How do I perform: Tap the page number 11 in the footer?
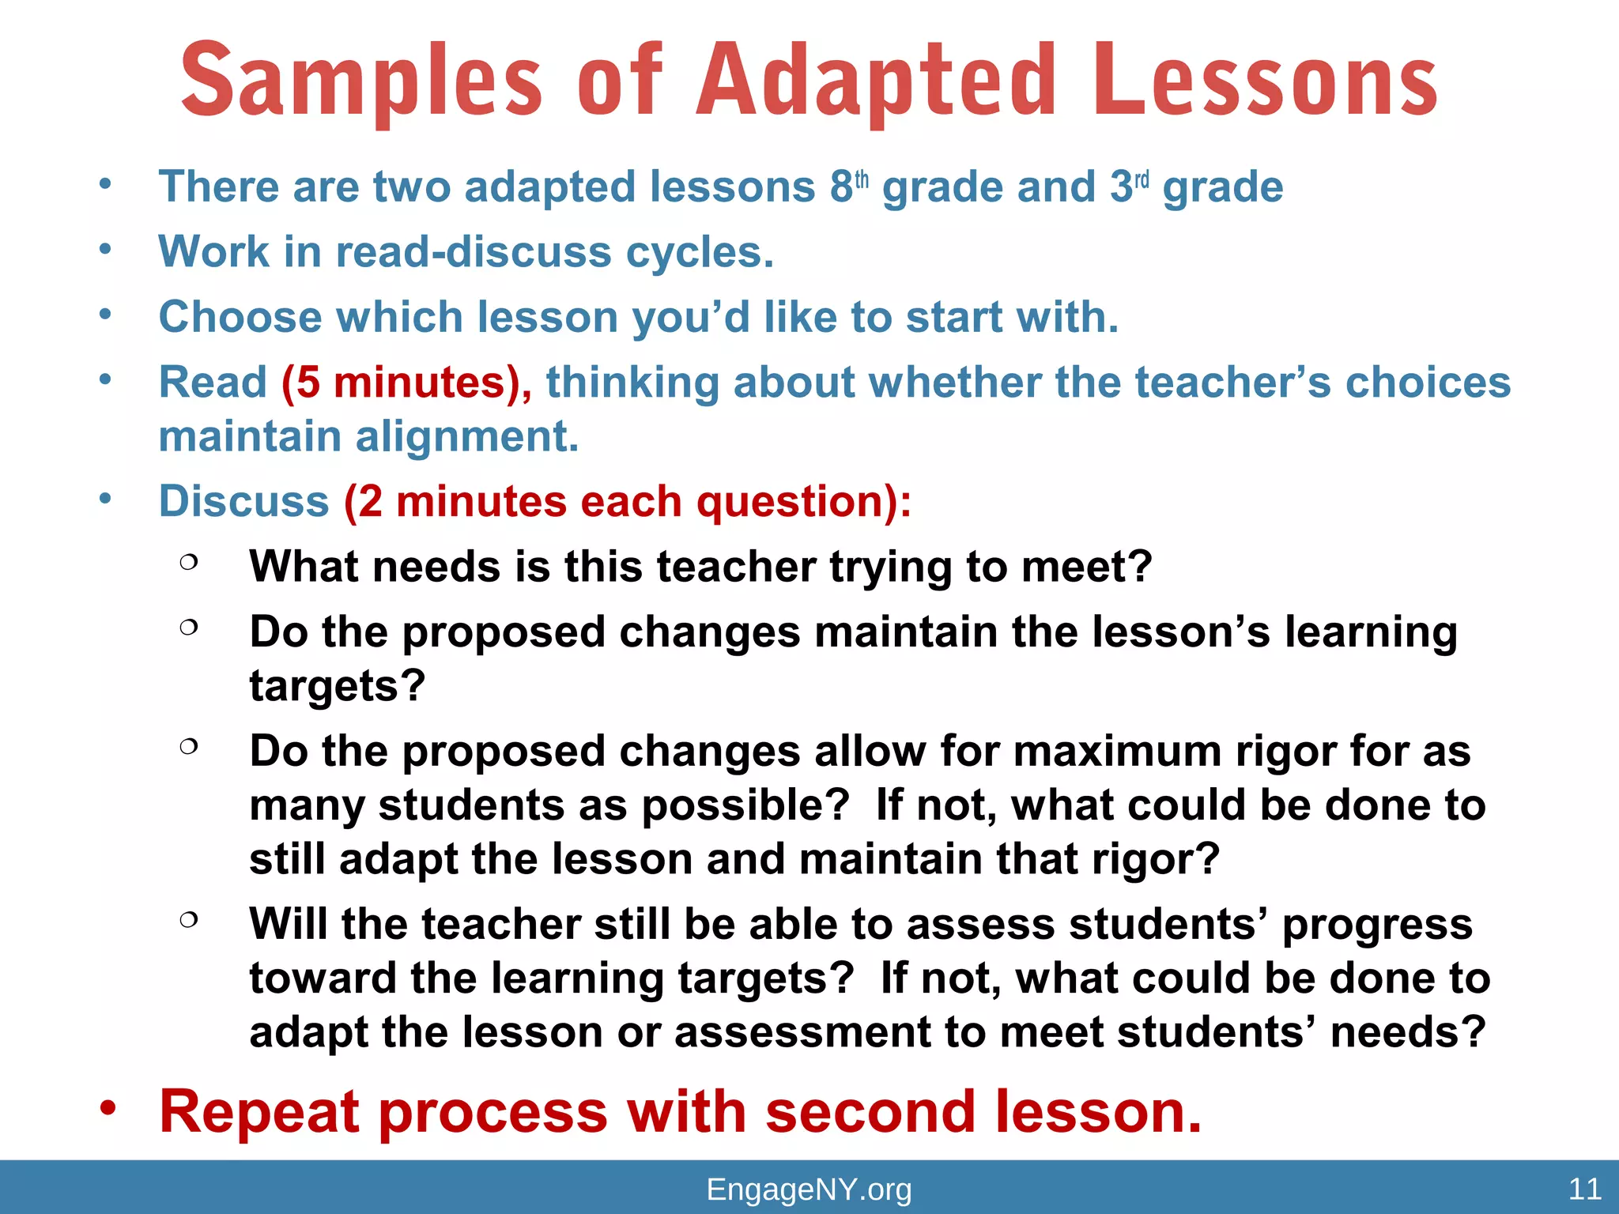click(x=1584, y=1189)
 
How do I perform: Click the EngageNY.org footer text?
click(x=809, y=1189)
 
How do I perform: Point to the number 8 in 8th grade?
click(x=841, y=188)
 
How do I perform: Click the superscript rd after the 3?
click(x=1142, y=180)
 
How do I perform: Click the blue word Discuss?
click(x=243, y=502)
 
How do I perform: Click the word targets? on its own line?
click(x=338, y=686)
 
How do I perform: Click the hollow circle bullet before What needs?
click(x=188, y=562)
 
